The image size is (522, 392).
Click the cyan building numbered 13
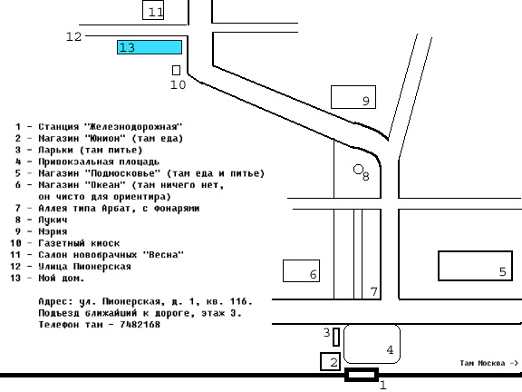point(150,47)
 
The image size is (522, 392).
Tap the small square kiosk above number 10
point(176,71)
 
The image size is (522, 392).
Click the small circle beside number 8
point(358,170)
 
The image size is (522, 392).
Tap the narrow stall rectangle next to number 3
point(336,337)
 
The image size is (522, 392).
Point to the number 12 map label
point(73,36)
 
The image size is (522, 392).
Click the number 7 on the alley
point(374,291)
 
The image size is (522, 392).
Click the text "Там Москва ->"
point(489,363)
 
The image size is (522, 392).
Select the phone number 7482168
point(140,324)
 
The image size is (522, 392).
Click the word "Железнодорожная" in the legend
point(133,127)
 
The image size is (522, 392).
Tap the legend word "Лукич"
point(53,220)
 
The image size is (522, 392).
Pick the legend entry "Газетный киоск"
point(79,243)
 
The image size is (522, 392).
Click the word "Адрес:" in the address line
point(55,301)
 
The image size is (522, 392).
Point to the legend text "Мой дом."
point(62,278)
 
